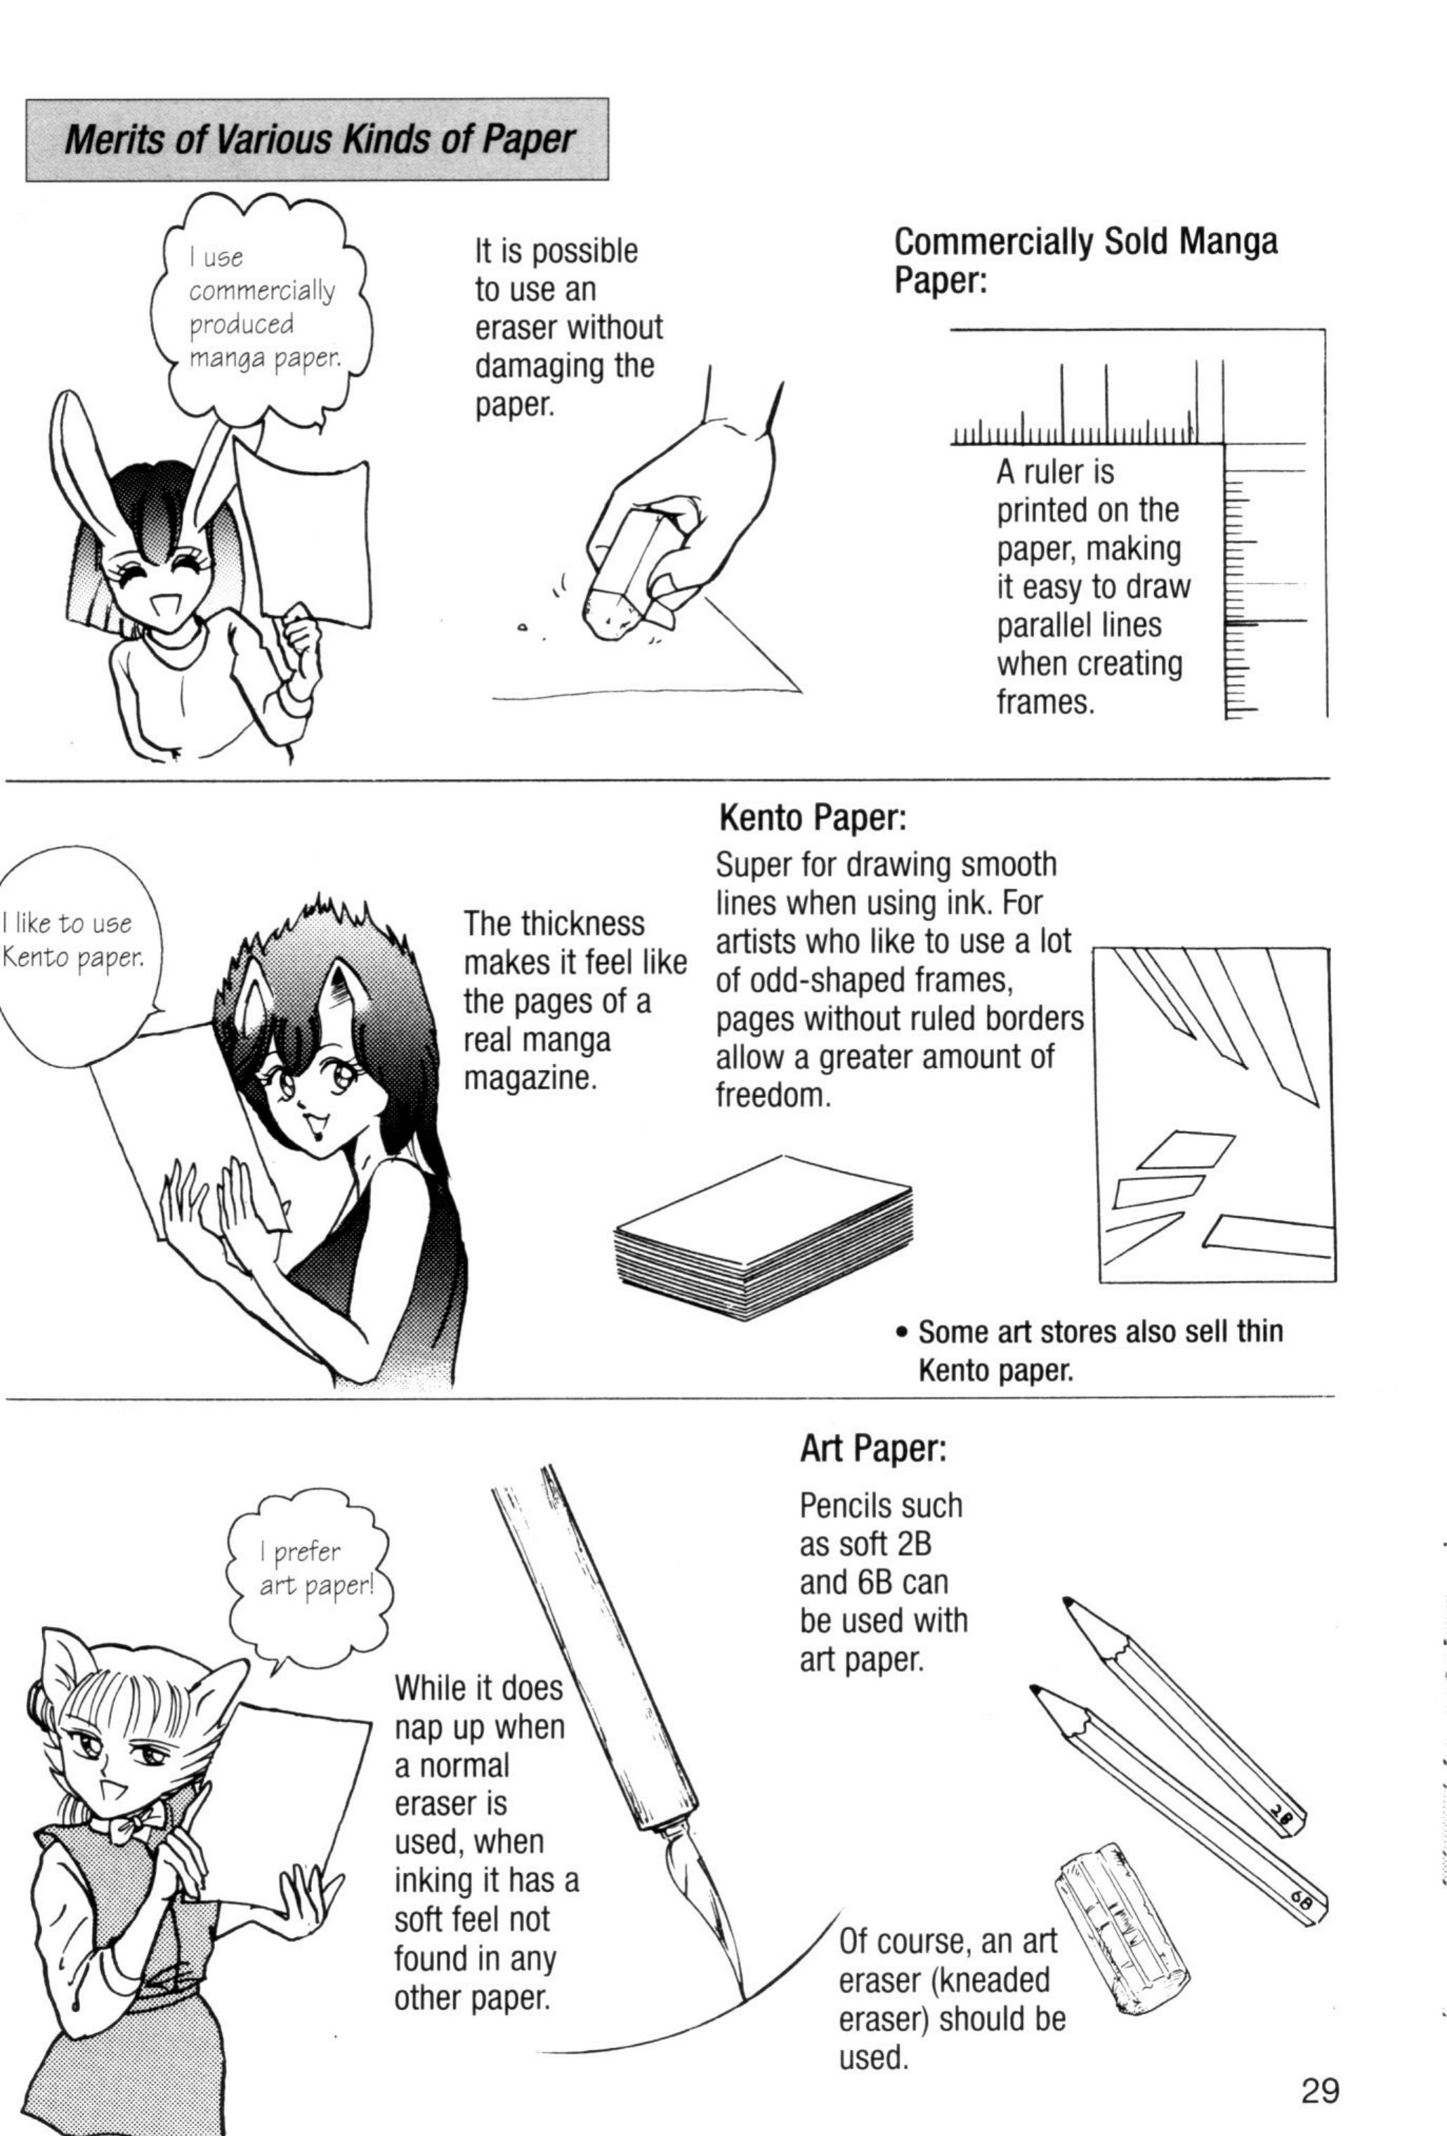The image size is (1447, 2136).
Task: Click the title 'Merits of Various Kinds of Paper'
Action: click(x=320, y=140)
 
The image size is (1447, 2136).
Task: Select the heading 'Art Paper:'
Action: click(x=873, y=1449)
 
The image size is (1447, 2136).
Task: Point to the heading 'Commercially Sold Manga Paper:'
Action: click(x=1086, y=260)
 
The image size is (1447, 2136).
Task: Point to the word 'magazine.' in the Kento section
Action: click(x=530, y=1078)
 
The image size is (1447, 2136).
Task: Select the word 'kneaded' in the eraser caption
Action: click(x=993, y=1980)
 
